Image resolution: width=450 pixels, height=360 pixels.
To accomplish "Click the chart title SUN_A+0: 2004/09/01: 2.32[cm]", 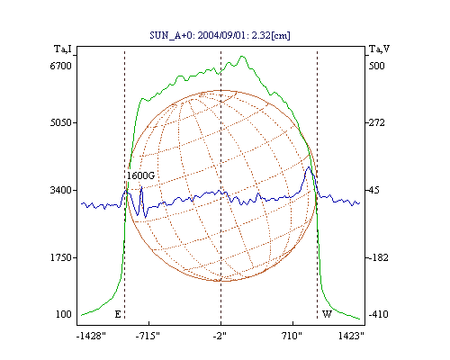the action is click(220, 35).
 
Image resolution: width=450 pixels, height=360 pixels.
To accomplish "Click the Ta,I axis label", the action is click(63, 49).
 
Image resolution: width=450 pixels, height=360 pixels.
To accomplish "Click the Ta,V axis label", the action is click(379, 49).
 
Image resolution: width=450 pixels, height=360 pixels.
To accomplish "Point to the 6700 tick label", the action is click(60, 66).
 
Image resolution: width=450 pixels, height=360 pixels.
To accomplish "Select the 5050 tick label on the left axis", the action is click(60, 122).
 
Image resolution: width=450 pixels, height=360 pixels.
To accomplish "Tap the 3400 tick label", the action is click(60, 190).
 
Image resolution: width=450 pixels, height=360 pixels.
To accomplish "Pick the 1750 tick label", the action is click(60, 257).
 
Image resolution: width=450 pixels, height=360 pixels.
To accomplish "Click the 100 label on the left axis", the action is click(64, 314).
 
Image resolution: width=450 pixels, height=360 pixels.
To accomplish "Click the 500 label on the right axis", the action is click(376, 66).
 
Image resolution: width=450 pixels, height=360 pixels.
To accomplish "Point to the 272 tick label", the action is click(376, 122).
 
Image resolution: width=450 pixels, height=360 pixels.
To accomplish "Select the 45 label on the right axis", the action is click(374, 190).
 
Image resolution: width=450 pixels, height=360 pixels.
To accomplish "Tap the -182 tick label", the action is click(378, 257).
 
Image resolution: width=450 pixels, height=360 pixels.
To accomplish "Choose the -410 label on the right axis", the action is click(378, 314).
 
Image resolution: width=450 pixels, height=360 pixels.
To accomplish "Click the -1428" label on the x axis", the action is click(91, 336).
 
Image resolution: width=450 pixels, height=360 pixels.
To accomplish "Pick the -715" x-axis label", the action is click(148, 336).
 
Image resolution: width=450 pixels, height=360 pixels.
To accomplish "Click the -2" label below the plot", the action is click(220, 336).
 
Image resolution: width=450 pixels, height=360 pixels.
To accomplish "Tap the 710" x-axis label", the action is click(292, 336).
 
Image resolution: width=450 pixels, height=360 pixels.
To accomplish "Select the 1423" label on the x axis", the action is click(351, 336).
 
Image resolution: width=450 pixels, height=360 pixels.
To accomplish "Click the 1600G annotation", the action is click(140, 175).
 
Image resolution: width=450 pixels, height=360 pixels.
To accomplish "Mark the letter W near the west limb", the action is click(327, 314).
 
